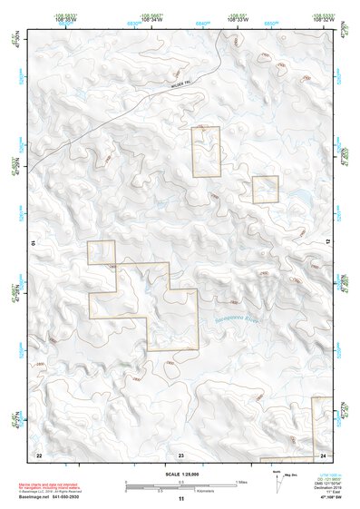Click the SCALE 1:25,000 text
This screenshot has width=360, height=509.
pos(180,475)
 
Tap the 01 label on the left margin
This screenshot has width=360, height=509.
pos(32,243)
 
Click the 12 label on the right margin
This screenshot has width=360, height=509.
pos(329,243)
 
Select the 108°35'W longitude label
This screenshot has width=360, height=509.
pos(63,19)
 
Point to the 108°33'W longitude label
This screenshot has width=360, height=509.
pos(238,19)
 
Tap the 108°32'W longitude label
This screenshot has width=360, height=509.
pos(324,19)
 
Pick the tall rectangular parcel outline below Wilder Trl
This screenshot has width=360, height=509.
pos(206,152)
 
